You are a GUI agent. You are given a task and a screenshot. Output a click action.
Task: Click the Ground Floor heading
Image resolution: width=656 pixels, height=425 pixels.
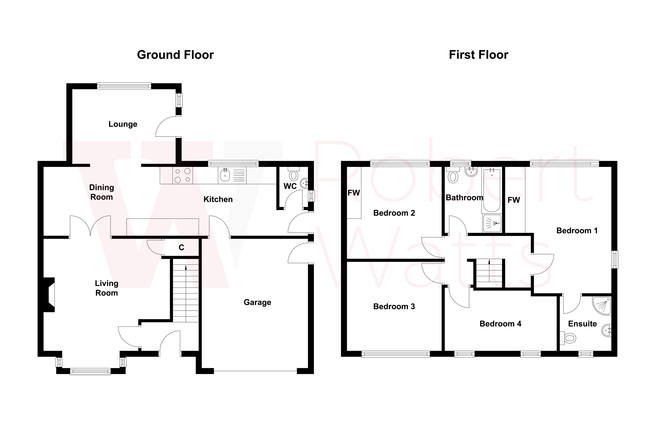tap(175, 55)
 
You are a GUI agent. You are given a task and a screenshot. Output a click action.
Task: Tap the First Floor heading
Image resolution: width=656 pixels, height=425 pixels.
tap(478, 55)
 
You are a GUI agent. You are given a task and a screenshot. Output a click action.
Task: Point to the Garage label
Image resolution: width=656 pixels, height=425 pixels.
tap(257, 302)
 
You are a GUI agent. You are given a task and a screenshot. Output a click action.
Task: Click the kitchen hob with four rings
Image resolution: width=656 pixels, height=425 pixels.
tap(182, 176)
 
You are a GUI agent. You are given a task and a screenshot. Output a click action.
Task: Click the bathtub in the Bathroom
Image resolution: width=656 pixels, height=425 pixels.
tap(492, 190)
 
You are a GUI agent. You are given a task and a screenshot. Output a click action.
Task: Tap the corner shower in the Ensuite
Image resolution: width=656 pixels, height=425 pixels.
tap(602, 305)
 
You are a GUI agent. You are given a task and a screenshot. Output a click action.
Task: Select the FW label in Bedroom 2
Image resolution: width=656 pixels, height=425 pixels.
tap(354, 193)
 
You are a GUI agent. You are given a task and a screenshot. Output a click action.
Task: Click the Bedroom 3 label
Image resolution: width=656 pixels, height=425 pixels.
tap(394, 307)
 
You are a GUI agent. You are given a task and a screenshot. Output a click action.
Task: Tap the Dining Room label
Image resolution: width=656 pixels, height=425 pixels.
tap(101, 192)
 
